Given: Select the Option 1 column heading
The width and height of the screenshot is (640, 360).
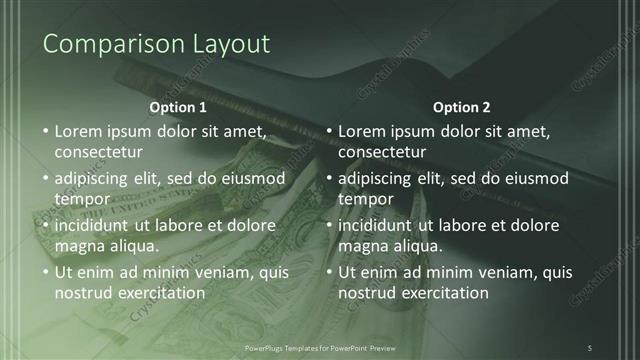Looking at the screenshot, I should pyautogui.click(x=178, y=106).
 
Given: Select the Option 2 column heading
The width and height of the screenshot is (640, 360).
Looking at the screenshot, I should pyautogui.click(x=462, y=106).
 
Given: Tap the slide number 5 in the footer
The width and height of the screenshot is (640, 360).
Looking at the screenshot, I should pyautogui.click(x=590, y=347).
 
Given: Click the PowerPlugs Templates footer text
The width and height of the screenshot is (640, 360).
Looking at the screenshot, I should pyautogui.click(x=320, y=347).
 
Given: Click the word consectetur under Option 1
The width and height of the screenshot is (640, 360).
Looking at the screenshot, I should pyautogui.click(x=98, y=153).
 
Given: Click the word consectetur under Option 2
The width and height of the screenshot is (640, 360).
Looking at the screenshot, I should pyautogui.click(x=382, y=153).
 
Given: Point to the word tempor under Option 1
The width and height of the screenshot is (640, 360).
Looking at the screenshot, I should pyautogui.click(x=80, y=199).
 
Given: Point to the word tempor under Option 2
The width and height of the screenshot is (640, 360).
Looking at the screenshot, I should pyautogui.click(x=364, y=199).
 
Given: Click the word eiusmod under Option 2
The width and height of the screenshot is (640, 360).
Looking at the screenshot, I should pyautogui.click(x=536, y=179).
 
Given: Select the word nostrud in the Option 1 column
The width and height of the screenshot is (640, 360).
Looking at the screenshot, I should pyautogui.click(x=84, y=293).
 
